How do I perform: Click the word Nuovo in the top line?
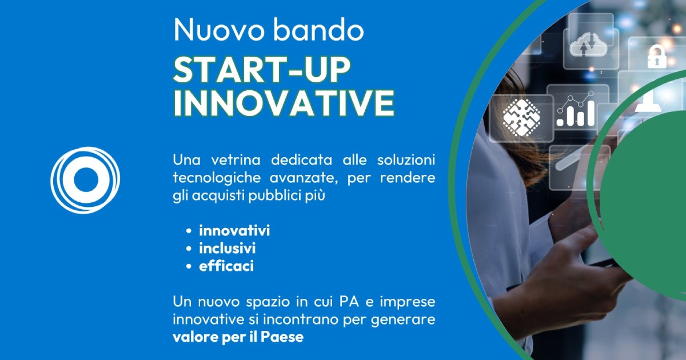click(x=218, y=29)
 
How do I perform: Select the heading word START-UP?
click(x=262, y=70)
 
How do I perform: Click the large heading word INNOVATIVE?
click(x=284, y=103)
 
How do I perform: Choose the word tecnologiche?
click(x=217, y=178)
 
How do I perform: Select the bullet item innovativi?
click(x=234, y=230)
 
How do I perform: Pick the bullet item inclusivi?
click(x=228, y=248)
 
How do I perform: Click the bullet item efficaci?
click(x=226, y=266)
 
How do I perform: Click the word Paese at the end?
click(x=282, y=337)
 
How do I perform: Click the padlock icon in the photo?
click(x=656, y=57)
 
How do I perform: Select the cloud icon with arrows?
click(x=588, y=45)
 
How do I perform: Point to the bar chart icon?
click(x=576, y=109)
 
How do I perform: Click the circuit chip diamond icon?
click(x=521, y=118)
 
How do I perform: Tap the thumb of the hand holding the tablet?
click(x=576, y=245)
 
